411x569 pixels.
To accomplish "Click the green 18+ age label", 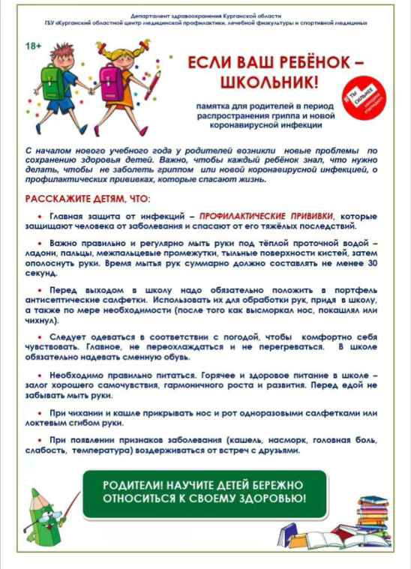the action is tap(33, 46).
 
